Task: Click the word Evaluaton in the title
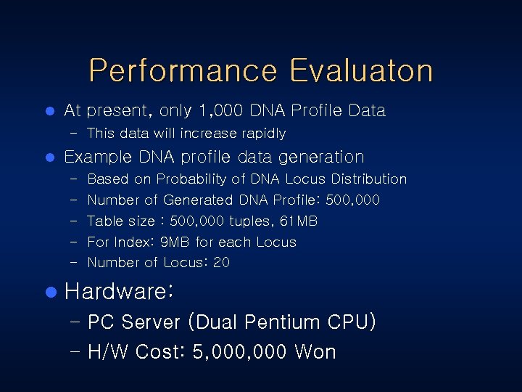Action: click(x=360, y=71)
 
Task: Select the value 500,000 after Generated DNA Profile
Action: click(x=352, y=200)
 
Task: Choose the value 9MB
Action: click(x=175, y=242)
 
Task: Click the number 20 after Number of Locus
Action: click(x=221, y=263)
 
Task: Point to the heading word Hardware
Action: click(x=116, y=292)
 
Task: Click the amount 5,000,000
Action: click(x=241, y=352)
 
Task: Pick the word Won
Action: click(x=315, y=352)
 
